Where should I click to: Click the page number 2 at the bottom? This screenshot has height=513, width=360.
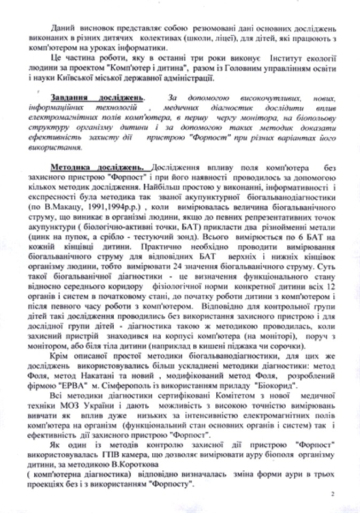(332, 494)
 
